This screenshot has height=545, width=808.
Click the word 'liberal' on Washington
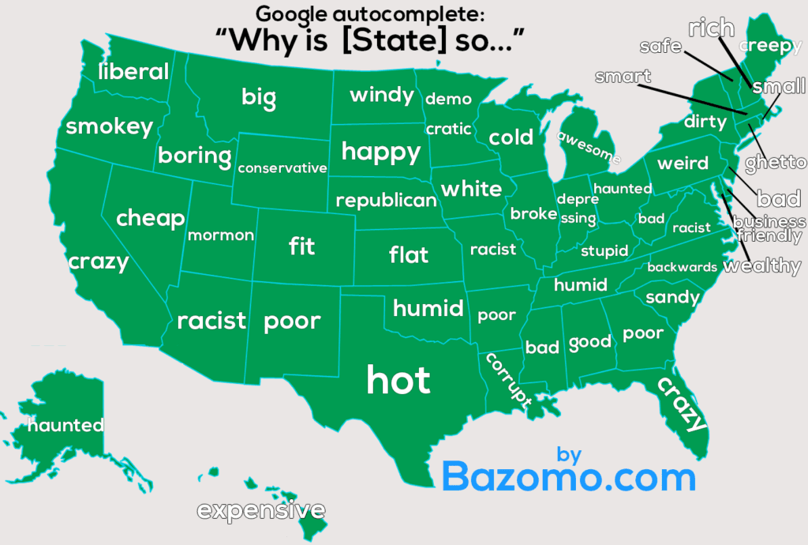tap(133, 72)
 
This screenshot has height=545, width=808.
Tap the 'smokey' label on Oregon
tap(109, 126)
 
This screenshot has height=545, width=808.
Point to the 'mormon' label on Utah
tap(221, 235)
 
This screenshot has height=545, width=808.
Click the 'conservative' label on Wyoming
tap(282, 167)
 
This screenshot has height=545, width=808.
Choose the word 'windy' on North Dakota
tap(382, 96)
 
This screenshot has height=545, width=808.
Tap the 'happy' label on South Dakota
tap(380, 151)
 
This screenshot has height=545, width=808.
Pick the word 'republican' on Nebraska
tap(386, 200)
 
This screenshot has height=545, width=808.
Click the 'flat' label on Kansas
tap(409, 254)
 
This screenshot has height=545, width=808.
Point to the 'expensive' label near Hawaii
tap(260, 510)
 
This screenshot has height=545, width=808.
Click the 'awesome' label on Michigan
tap(589, 147)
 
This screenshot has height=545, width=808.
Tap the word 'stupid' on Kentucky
tap(604, 251)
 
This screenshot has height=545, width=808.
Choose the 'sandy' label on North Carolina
tap(672, 297)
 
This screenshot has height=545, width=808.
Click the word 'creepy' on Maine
tap(769, 46)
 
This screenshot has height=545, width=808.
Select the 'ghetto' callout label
tap(776, 163)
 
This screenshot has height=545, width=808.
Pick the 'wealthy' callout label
tap(761, 265)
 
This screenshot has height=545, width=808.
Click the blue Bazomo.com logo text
tap(568, 477)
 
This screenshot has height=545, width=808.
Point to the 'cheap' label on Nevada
tap(150, 218)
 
